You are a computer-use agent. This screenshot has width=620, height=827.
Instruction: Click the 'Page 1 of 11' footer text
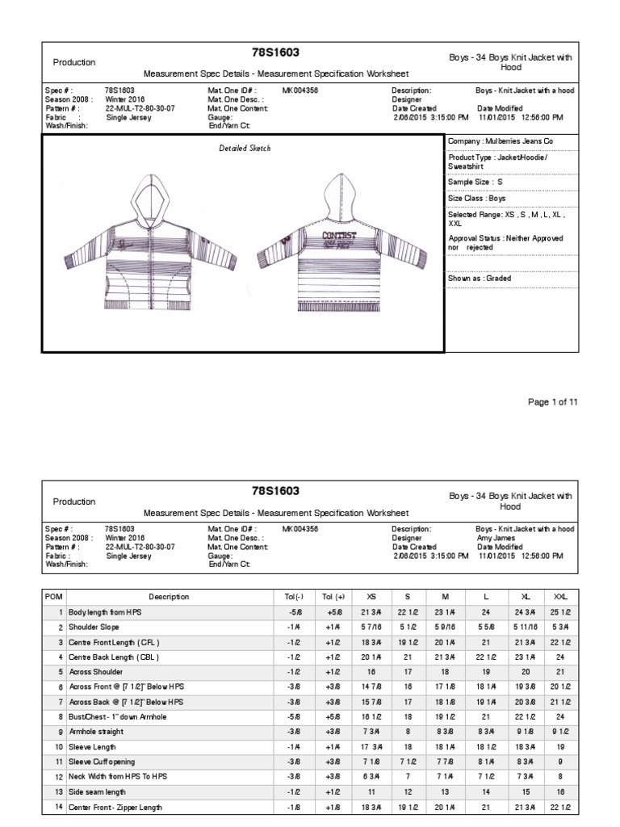(x=552, y=402)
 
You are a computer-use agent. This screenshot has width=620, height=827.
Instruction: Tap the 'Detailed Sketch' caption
(x=245, y=149)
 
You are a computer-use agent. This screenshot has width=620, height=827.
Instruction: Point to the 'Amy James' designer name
(x=496, y=538)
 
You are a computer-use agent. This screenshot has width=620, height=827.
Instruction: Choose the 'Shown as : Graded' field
(x=480, y=279)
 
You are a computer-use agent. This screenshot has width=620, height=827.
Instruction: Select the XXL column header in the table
(x=558, y=597)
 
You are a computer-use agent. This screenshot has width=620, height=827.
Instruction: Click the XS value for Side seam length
(x=371, y=793)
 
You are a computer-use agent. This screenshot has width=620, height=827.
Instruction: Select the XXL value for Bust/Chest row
(x=558, y=716)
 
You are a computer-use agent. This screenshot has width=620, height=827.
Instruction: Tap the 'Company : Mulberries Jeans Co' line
(x=501, y=141)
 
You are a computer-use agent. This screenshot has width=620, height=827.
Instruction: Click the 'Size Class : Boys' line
(x=477, y=199)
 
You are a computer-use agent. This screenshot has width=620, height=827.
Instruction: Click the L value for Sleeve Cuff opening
(x=486, y=762)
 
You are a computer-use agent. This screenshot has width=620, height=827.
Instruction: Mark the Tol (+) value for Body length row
(x=328, y=613)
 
